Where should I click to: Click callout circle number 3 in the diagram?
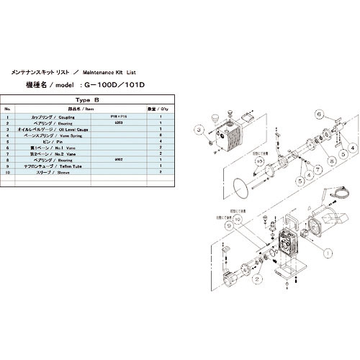click(x=196, y=130)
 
